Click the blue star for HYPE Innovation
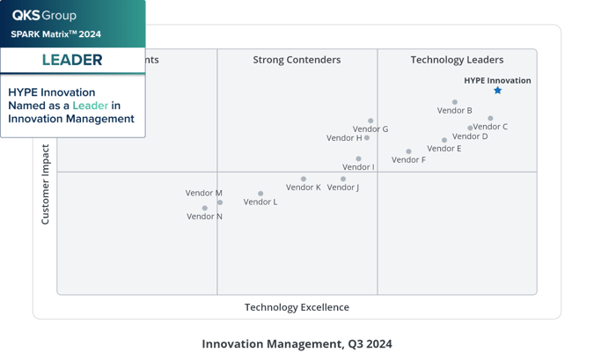(x=498, y=91)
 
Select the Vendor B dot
(x=455, y=102)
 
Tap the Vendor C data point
(x=490, y=118)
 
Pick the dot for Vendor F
(x=408, y=151)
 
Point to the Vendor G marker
(x=370, y=121)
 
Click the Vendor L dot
(x=260, y=194)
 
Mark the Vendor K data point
(x=304, y=179)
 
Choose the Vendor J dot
(x=343, y=179)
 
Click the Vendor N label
(x=204, y=217)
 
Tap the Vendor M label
(x=203, y=193)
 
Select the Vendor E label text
(x=444, y=149)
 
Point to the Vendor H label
(x=343, y=138)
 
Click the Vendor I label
(x=358, y=167)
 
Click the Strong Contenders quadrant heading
(x=297, y=60)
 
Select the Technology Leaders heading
(x=457, y=60)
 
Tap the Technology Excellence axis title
(x=297, y=307)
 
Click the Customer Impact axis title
(x=46, y=184)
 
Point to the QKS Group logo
(x=44, y=15)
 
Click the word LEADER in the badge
(x=72, y=60)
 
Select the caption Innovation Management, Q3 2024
(x=297, y=343)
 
